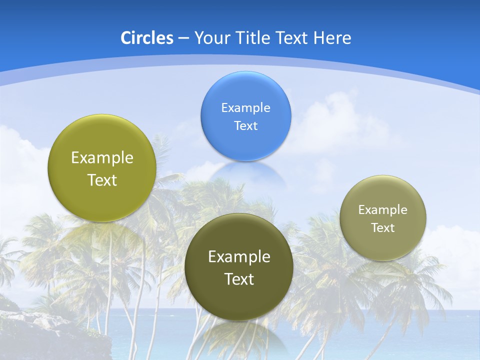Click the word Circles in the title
click(146, 38)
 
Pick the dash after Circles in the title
click(183, 38)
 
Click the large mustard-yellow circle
click(102, 168)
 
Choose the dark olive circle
click(239, 266)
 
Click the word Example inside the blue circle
click(245, 107)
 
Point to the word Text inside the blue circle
click(245, 125)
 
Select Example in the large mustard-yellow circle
click(102, 157)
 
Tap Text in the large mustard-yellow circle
click(102, 180)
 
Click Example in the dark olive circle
click(239, 256)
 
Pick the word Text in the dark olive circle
click(239, 279)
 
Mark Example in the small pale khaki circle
click(383, 209)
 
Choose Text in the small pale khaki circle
click(383, 227)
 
